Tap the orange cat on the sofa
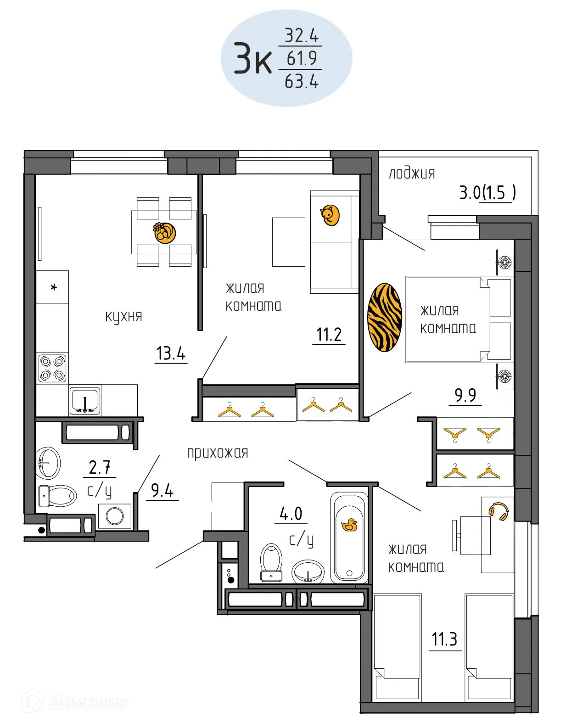(x=330, y=215)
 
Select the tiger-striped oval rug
(x=385, y=317)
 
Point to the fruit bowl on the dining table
(x=165, y=232)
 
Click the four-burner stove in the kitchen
(x=52, y=368)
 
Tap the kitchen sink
(x=85, y=400)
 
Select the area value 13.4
(x=171, y=353)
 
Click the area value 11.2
(x=329, y=335)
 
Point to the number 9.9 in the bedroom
(x=465, y=395)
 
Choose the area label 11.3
(x=444, y=639)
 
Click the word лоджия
(x=412, y=174)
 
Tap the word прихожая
(x=218, y=454)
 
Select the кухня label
(x=123, y=317)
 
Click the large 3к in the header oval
(x=252, y=58)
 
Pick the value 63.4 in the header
(x=302, y=81)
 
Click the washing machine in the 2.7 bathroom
(x=115, y=516)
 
